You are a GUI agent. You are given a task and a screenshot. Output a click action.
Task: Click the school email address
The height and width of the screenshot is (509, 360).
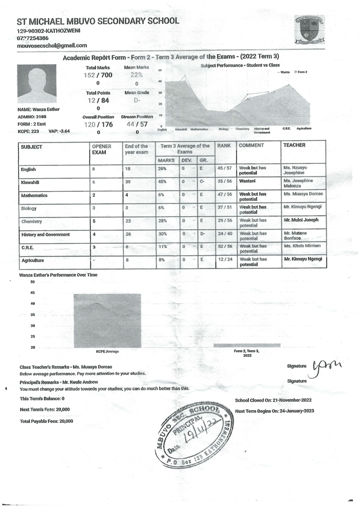point(52,45)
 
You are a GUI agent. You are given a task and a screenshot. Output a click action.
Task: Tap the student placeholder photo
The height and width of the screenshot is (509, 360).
point(37,84)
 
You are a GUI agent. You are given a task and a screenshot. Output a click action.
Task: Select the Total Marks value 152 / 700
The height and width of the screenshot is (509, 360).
point(98,75)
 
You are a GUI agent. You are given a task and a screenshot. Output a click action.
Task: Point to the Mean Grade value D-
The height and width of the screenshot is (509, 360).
point(136,100)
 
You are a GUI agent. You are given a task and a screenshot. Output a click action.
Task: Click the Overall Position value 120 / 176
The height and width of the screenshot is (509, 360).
point(98,124)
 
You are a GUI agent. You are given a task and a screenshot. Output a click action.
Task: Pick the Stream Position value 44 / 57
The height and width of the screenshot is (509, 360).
point(136,124)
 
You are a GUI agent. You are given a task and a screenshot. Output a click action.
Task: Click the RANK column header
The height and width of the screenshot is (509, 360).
point(224,145)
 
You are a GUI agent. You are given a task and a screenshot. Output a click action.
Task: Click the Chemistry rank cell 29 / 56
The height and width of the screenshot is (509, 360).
point(225,221)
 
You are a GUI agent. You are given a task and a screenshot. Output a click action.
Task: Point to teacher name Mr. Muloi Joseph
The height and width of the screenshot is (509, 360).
point(302,221)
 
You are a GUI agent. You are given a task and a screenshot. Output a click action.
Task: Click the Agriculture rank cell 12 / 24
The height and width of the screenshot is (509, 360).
point(225,260)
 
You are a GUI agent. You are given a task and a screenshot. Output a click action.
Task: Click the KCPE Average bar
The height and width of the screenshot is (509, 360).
point(107,321)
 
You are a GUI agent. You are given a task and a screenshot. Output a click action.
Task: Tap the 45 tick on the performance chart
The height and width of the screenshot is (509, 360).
point(32,292)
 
